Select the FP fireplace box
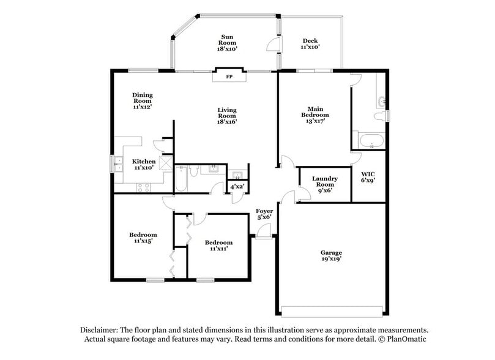coord(229,77)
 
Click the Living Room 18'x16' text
coord(227,116)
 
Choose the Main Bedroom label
coord(314,114)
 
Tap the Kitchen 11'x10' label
coord(144,164)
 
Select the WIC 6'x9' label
coord(368,177)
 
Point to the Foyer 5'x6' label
coord(264,214)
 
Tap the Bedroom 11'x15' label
coord(143,238)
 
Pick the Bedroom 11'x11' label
coord(221,246)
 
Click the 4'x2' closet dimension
coord(237,186)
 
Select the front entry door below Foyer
coord(263,231)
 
